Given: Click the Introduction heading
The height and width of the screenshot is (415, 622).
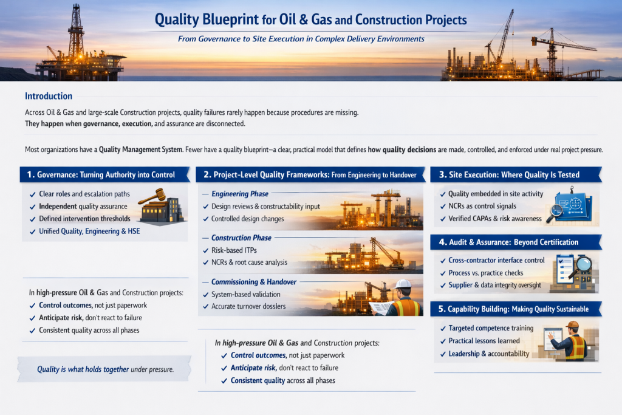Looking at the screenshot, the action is click(49, 96).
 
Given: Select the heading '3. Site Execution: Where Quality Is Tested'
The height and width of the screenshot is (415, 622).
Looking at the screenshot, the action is click(510, 174).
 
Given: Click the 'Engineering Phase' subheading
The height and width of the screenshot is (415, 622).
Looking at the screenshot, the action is click(239, 194).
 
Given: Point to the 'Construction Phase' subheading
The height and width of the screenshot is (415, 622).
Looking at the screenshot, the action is click(241, 238).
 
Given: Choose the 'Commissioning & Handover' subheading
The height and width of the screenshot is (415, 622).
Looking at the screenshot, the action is click(254, 282).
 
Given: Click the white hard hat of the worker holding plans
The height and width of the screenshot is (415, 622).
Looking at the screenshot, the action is click(403, 284).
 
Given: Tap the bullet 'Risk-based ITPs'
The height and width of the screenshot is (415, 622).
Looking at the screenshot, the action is click(234, 250).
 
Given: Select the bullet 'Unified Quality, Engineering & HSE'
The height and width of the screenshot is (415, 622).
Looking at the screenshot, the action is click(89, 232).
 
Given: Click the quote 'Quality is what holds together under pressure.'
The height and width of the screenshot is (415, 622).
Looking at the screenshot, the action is click(105, 369).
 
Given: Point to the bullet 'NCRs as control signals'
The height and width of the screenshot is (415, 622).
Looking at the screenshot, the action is click(482, 206).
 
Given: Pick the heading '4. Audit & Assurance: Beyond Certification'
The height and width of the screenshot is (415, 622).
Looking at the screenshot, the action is click(508, 242).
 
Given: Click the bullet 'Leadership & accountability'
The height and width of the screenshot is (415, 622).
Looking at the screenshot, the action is click(489, 354).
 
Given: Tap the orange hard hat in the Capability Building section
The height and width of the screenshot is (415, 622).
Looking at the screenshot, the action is click(572, 325).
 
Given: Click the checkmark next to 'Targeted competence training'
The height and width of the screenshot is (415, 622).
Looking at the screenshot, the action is click(443, 329).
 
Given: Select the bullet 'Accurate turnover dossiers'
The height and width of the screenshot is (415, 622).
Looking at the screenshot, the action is click(248, 306).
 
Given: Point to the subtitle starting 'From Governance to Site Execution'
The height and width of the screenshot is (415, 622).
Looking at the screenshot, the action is click(301, 39).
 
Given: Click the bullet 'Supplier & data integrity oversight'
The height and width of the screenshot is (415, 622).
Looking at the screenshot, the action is click(494, 285).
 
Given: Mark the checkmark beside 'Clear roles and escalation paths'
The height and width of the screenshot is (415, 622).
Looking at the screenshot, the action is click(33, 195).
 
